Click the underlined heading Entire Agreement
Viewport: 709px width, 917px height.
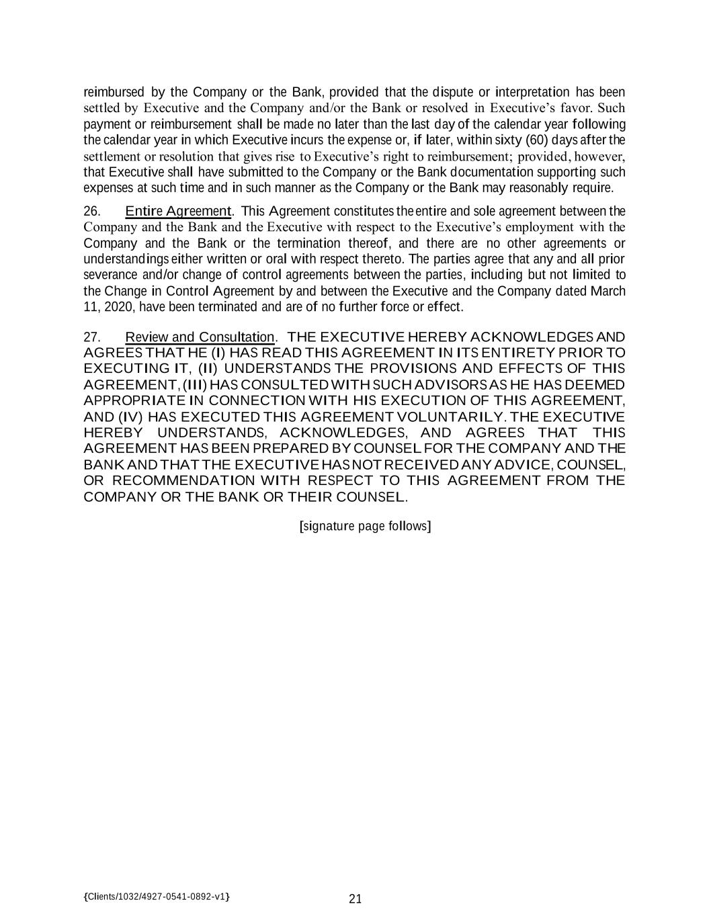[178, 212]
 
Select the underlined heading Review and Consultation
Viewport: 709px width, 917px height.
[200, 337]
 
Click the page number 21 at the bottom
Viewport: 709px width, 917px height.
[356, 899]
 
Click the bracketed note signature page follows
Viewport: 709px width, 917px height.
[365, 525]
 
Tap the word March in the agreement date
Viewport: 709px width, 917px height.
[608, 291]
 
